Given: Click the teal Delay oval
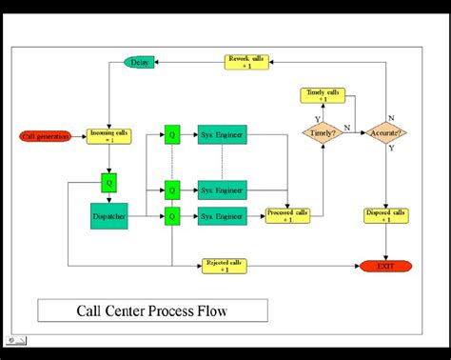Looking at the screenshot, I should (x=140, y=63).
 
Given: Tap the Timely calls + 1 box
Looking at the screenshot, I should (x=323, y=95).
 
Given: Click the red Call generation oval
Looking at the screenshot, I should (x=47, y=135).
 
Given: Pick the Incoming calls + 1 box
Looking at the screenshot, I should (x=108, y=135).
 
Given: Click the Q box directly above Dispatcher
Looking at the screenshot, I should (x=108, y=181).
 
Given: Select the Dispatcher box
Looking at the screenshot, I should (x=108, y=216).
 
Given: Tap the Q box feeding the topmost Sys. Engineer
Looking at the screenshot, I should (x=171, y=135).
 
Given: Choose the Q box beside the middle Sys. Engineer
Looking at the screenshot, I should (x=171, y=190).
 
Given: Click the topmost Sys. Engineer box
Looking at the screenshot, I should (x=222, y=135).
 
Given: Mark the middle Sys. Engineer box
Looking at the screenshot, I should (x=222, y=190).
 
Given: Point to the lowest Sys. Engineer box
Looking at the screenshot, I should (x=222, y=216).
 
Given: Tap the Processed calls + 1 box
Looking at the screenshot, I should (x=288, y=216).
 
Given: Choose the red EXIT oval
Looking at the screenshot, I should (x=385, y=265).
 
